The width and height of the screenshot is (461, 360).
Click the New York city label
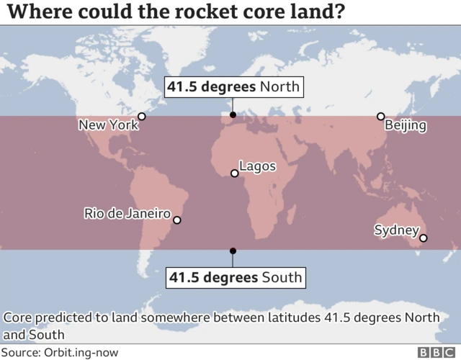(x=107, y=125)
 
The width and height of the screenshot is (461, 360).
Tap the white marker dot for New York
(x=142, y=116)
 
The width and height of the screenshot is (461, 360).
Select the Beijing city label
(x=406, y=125)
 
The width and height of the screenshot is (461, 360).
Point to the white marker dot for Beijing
(x=380, y=116)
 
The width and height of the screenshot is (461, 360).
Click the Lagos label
(x=257, y=166)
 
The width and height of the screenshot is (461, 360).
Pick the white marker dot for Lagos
(x=234, y=174)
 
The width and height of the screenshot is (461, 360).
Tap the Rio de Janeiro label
(x=127, y=213)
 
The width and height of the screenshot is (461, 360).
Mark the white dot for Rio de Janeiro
(x=177, y=221)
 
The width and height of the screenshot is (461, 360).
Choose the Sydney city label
(x=396, y=230)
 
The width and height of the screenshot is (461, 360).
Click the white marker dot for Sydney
(x=424, y=238)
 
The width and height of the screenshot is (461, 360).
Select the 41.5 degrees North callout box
(x=233, y=87)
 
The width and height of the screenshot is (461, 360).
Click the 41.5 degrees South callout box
(x=235, y=277)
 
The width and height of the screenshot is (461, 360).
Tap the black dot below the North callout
(x=233, y=115)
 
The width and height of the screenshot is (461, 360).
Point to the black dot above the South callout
(x=233, y=251)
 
